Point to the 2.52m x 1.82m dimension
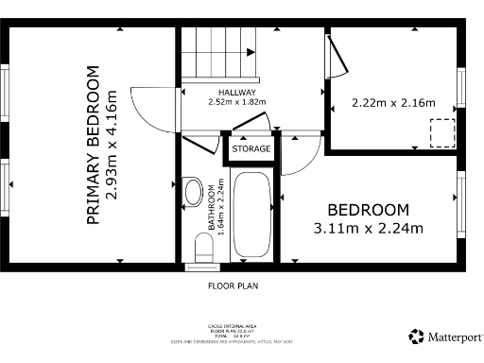[237, 102]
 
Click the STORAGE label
[252, 149]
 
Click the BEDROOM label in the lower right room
[368, 210]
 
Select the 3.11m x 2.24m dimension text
[368, 227]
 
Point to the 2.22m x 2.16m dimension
[392, 102]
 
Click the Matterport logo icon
[416, 336]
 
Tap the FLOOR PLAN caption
[233, 285]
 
